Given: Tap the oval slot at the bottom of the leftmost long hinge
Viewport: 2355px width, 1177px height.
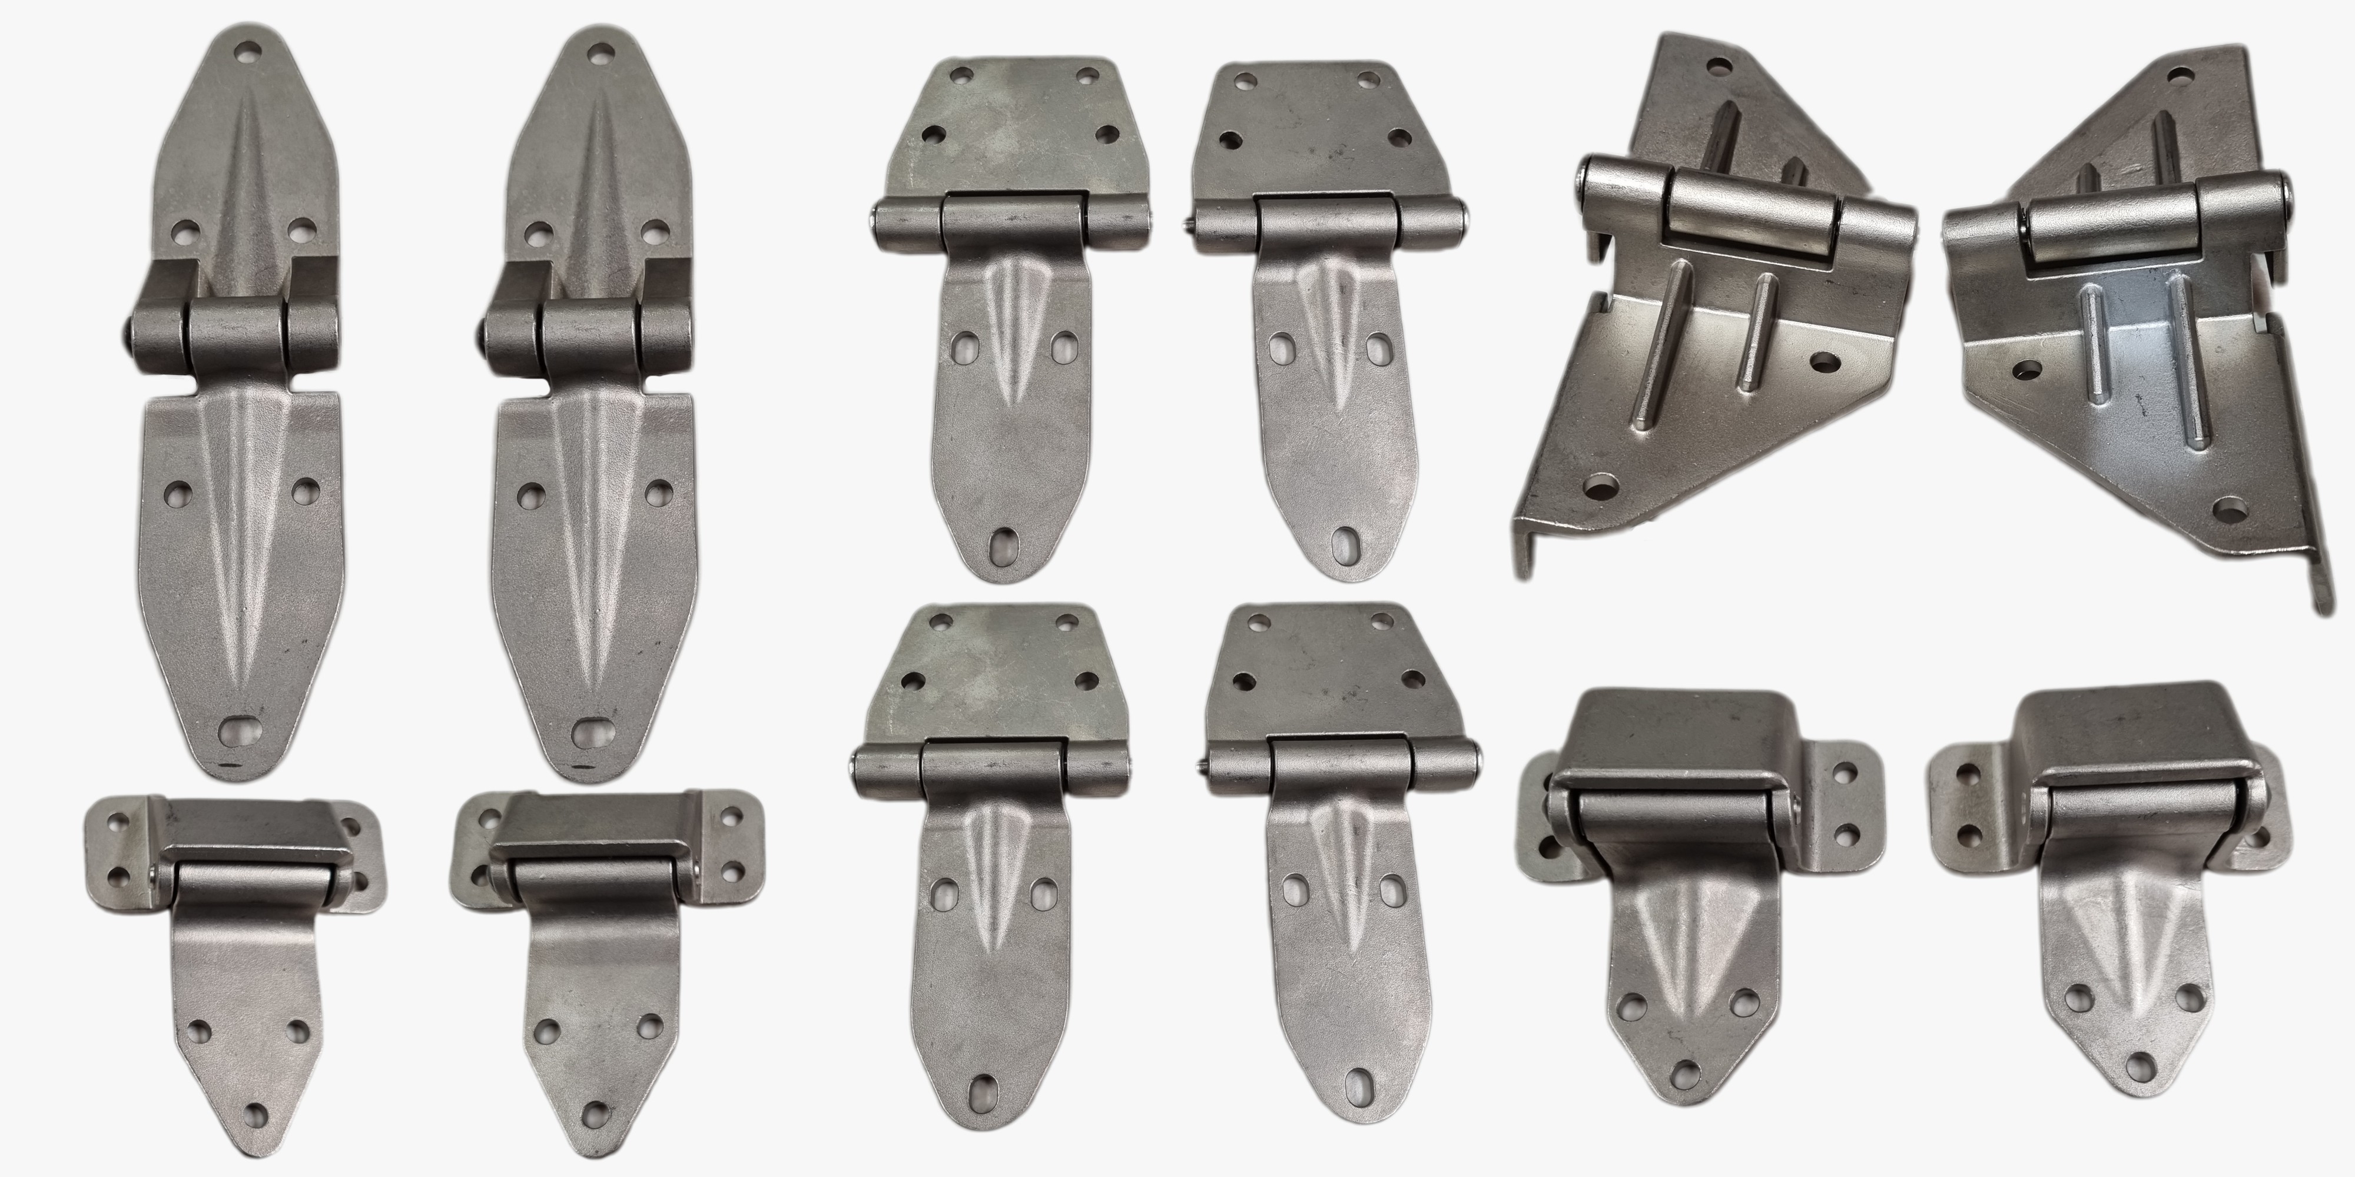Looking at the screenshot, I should pos(238,731).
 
